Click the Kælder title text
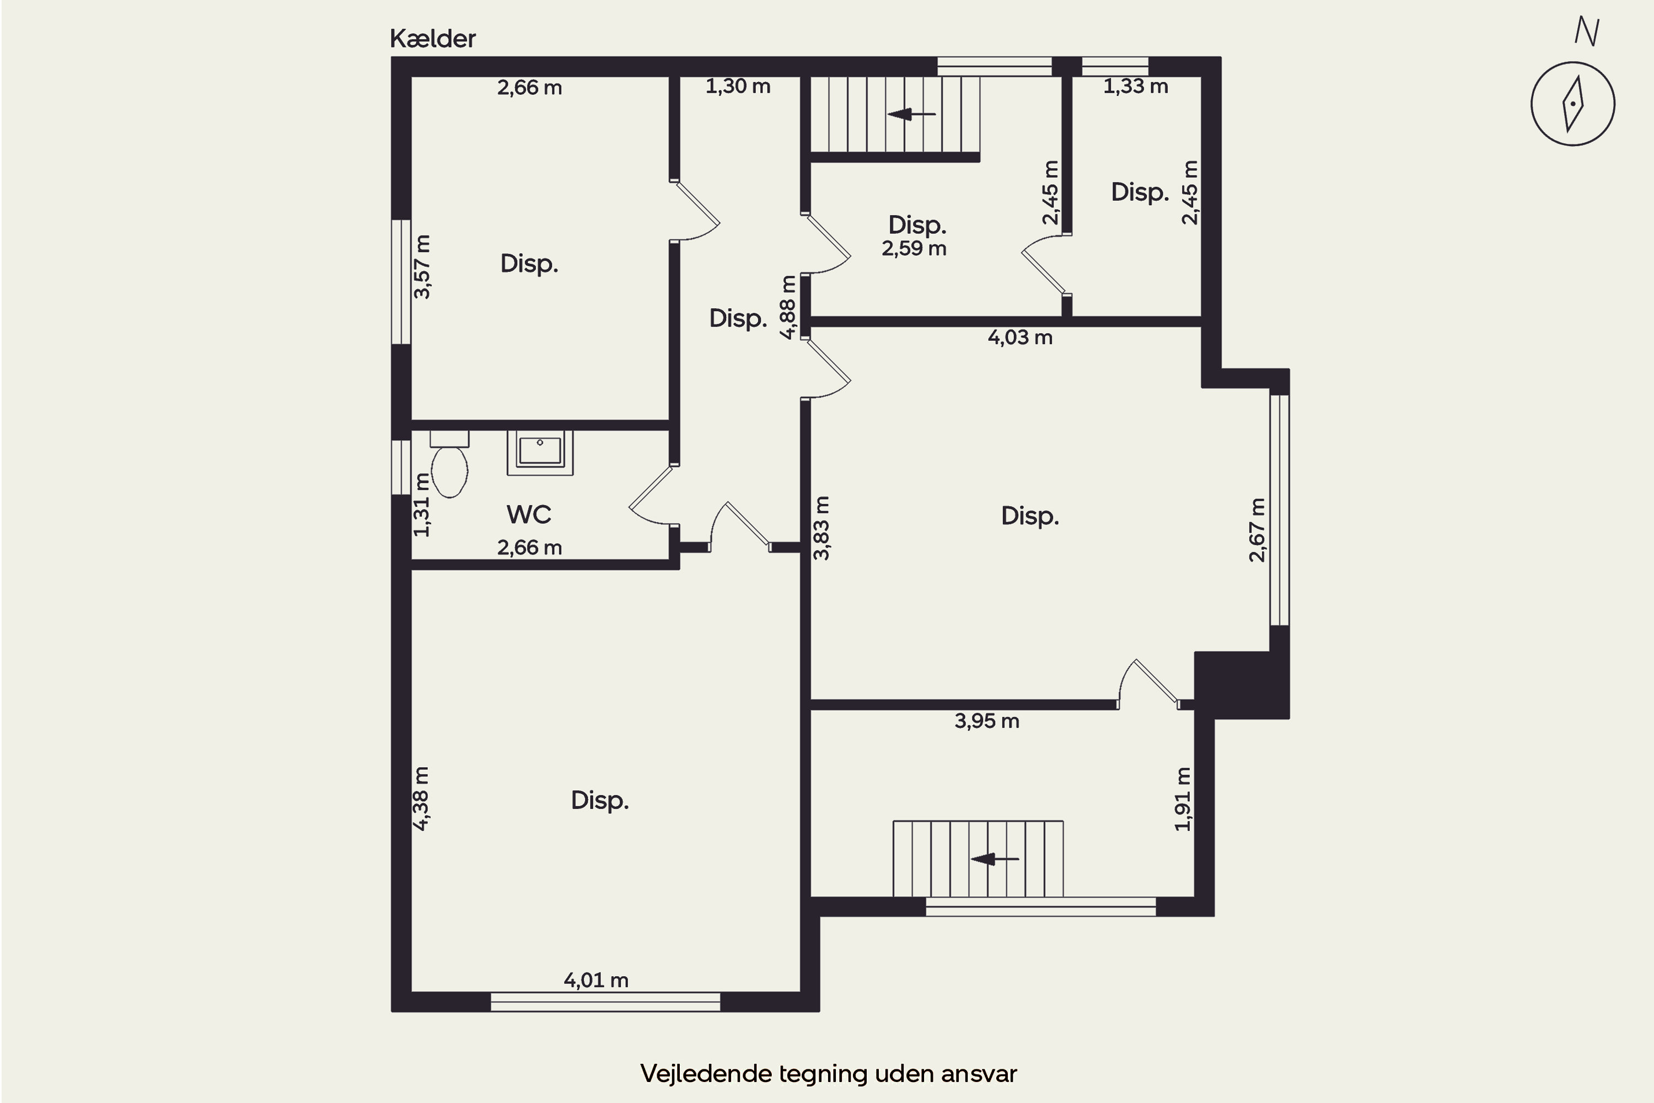(x=432, y=39)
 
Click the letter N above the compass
(x=1587, y=31)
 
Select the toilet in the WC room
(x=449, y=464)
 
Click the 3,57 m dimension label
(x=422, y=266)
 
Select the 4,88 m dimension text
(x=788, y=307)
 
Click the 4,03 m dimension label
(x=1019, y=337)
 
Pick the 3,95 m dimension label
(x=987, y=720)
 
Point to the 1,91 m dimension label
(x=1184, y=799)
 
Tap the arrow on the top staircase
(x=911, y=114)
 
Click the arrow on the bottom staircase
(x=995, y=859)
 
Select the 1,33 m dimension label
(x=1136, y=86)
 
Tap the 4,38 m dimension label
(x=421, y=799)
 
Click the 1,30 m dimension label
(x=738, y=86)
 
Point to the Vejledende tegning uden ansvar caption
(x=829, y=1074)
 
